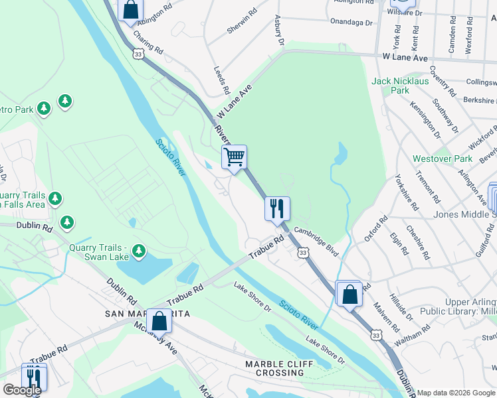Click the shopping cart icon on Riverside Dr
point(234,157)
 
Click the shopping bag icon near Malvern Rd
point(349,293)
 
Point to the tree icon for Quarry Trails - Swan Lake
point(138,251)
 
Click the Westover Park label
point(443,159)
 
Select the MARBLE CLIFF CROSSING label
point(274,368)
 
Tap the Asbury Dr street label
point(279,31)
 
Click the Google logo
point(21,390)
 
